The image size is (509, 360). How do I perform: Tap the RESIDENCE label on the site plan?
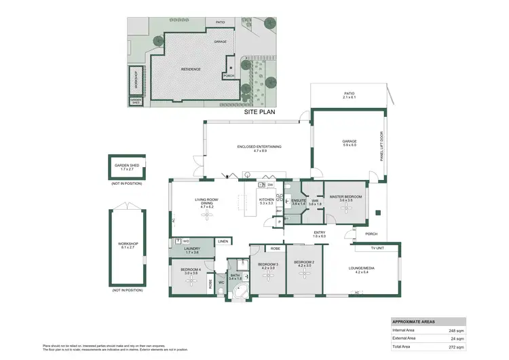190,69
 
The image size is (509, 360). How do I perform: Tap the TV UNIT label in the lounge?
377,248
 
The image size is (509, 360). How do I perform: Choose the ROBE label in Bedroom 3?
276,249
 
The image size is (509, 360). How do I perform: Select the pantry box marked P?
279,222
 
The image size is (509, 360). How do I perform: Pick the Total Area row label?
403,346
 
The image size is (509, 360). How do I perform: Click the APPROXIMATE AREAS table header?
414,321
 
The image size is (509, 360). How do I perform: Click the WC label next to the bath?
221,283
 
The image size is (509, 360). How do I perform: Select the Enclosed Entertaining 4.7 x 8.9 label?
259,148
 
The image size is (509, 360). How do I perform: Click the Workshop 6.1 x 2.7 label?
127,245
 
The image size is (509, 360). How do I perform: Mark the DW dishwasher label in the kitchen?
269,185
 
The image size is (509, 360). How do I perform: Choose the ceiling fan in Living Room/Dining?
205,214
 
